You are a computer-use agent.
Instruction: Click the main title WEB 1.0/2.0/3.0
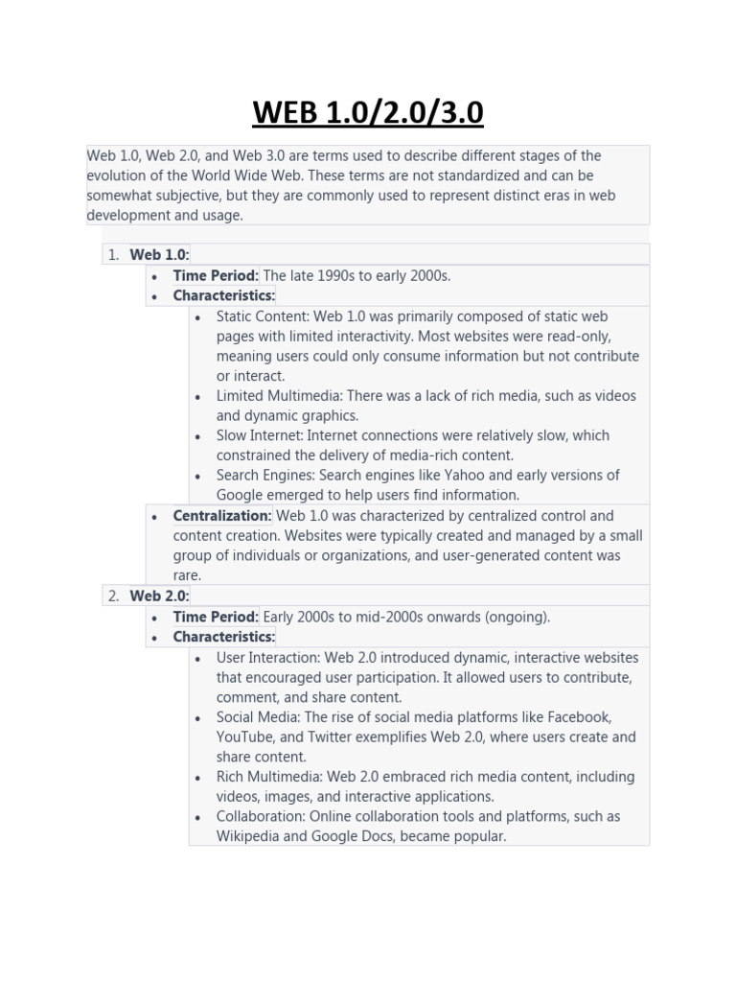(368, 112)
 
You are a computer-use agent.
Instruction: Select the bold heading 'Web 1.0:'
(160, 254)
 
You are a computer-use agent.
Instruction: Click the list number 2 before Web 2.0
(113, 596)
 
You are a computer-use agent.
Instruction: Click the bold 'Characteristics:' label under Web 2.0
(223, 637)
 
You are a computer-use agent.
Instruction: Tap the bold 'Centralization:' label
(222, 516)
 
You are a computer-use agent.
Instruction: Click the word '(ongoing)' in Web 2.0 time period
(515, 617)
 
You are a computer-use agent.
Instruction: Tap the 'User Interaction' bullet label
(267, 658)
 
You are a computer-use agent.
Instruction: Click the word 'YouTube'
(244, 737)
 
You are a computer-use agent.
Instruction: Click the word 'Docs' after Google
(377, 836)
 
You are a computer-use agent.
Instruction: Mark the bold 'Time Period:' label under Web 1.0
(216, 275)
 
